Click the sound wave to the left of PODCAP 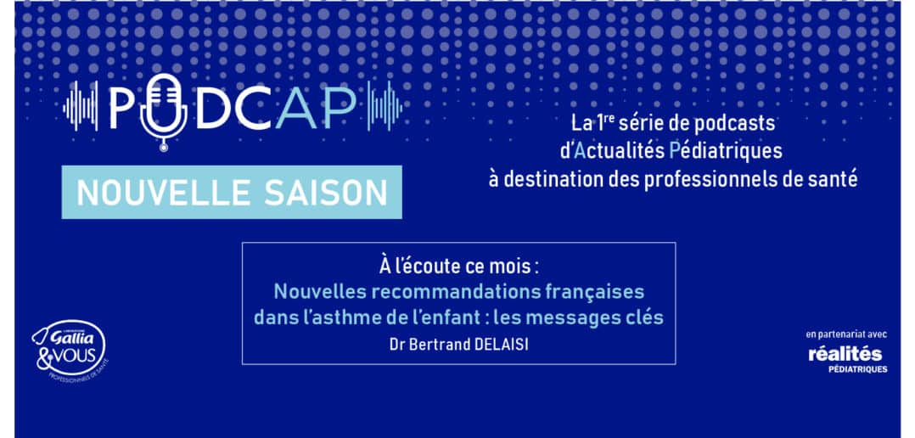[x=81, y=107]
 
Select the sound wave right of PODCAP [x=385, y=107]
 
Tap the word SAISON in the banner [x=326, y=193]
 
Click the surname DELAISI [x=500, y=344]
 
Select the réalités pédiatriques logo [x=845, y=359]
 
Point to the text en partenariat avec [x=846, y=334]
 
